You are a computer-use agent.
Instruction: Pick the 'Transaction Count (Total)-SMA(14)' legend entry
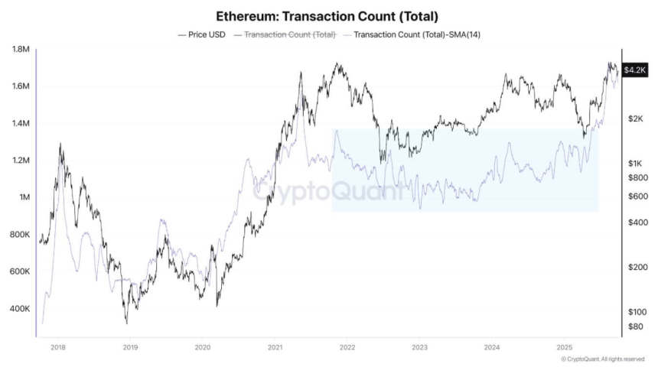point(412,34)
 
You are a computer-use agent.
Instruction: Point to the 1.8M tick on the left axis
point(20,50)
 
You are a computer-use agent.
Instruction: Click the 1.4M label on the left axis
point(20,124)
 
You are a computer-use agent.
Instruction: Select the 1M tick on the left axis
point(23,197)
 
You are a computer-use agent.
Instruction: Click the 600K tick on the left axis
point(20,271)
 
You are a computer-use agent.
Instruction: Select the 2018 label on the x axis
point(58,347)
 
